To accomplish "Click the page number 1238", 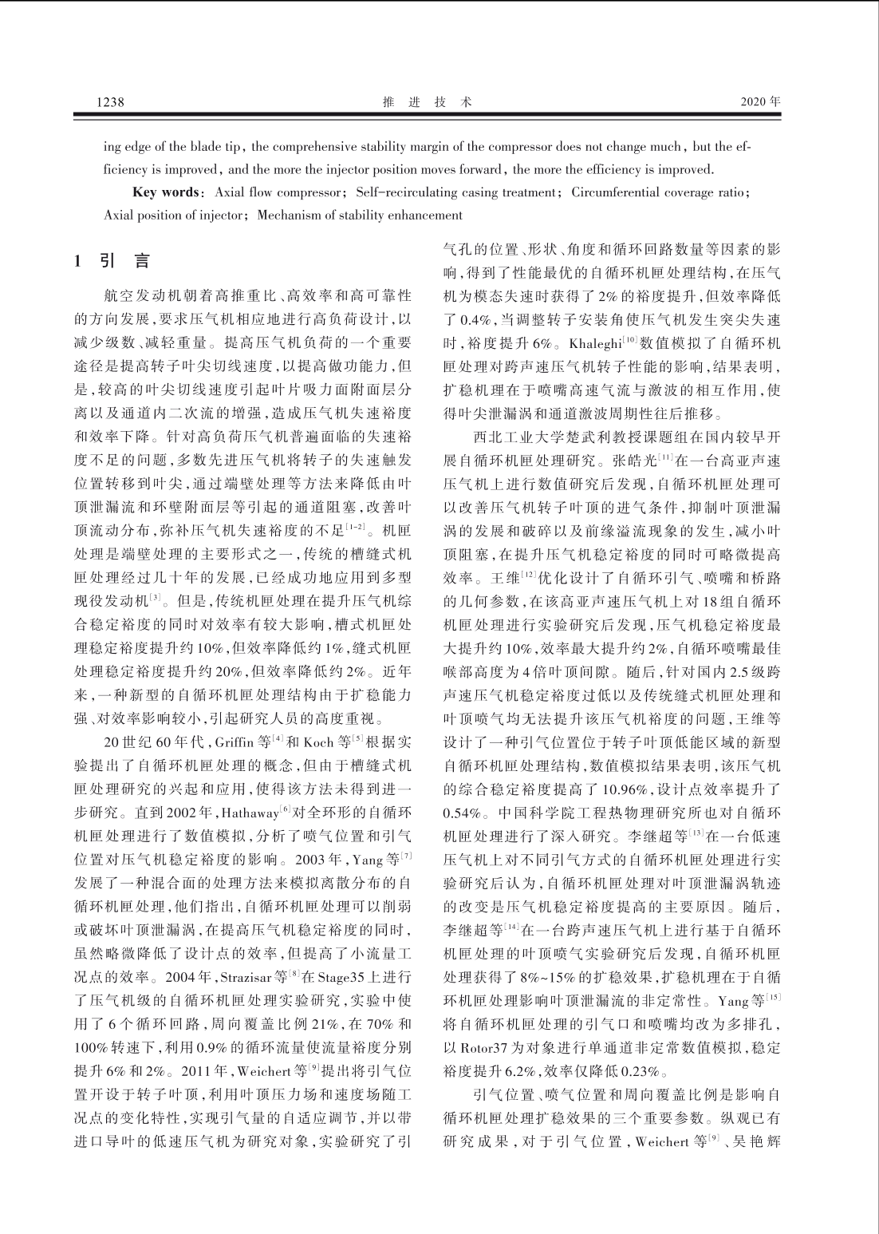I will [x=110, y=102].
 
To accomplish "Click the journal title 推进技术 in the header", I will [x=428, y=102].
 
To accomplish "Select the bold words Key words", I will [x=164, y=192].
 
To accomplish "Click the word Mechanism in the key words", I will [x=289, y=216].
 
